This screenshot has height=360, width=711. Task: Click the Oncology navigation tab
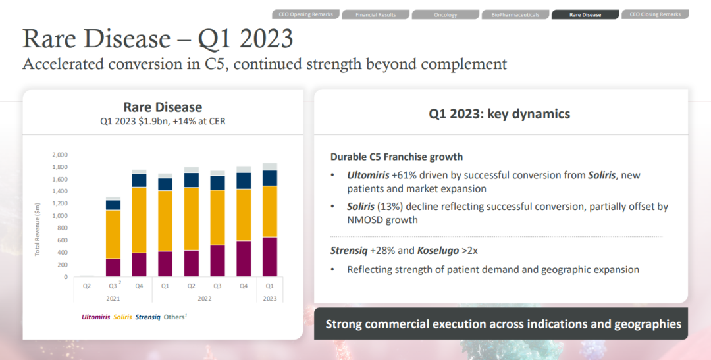pyautogui.click(x=446, y=14)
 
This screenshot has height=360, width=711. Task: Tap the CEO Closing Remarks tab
pyautogui.click(x=655, y=14)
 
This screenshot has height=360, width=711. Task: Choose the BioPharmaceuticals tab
pyautogui.click(x=515, y=14)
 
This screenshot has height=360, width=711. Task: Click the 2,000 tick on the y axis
pyautogui.click(x=59, y=155)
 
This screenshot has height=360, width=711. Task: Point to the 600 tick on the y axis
pyautogui.click(x=62, y=240)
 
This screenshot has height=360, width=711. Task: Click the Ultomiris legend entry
pyautogui.click(x=96, y=317)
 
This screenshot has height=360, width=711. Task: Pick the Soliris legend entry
pyautogui.click(x=122, y=317)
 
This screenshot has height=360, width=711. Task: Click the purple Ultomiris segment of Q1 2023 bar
pyautogui.click(x=269, y=257)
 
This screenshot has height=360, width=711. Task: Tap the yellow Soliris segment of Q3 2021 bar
pyautogui.click(x=113, y=234)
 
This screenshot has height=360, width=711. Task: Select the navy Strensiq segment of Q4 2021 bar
pyautogui.click(x=139, y=180)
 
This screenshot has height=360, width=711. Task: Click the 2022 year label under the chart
pyautogui.click(x=204, y=298)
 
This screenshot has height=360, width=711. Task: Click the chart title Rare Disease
pyautogui.click(x=163, y=107)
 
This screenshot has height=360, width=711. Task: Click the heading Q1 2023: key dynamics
pyautogui.click(x=500, y=114)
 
